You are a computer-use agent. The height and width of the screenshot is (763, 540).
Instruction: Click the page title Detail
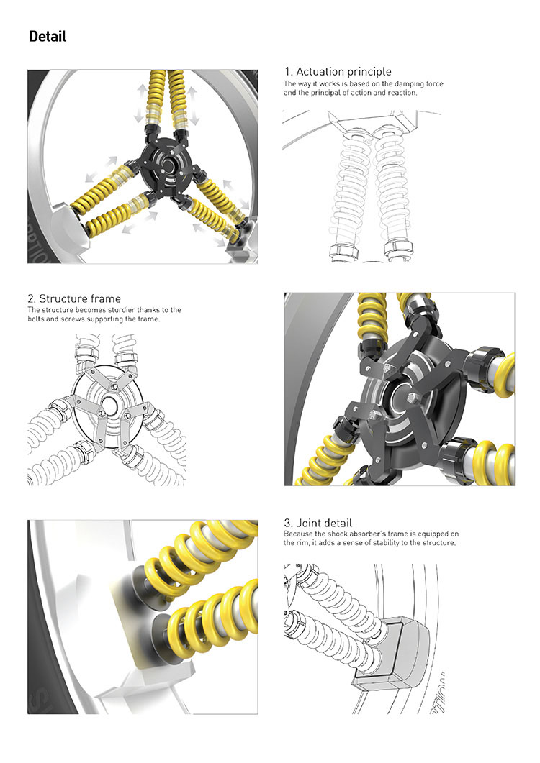(48, 37)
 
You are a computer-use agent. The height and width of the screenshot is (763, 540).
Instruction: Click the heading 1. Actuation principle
(338, 71)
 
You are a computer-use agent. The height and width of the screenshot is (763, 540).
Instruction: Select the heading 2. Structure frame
(74, 298)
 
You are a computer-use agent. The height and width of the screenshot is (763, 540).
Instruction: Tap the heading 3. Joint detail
(318, 523)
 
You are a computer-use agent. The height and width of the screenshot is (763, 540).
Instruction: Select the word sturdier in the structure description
(120, 309)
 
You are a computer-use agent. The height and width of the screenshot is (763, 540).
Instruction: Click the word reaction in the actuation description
(402, 93)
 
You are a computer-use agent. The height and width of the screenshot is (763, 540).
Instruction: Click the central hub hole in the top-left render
(168, 165)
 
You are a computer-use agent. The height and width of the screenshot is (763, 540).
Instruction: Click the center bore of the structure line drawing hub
(108, 405)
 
